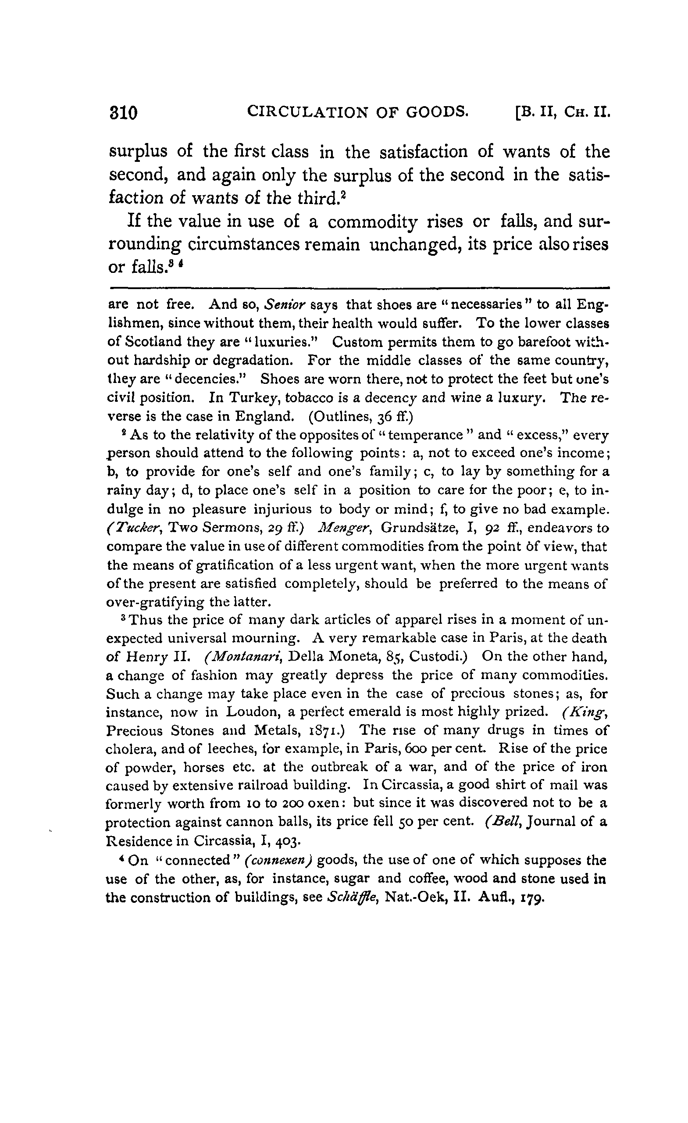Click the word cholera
pos(128,749)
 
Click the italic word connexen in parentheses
pos(278,860)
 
